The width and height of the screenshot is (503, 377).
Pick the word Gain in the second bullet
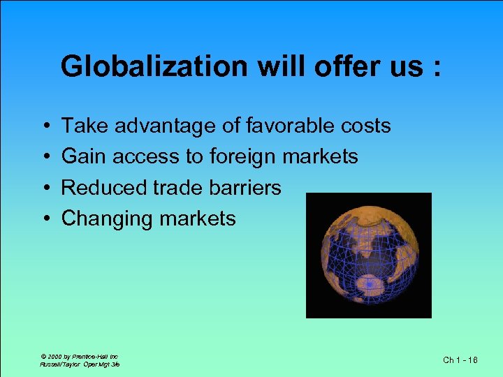(x=83, y=156)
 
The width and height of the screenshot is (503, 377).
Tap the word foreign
(x=242, y=157)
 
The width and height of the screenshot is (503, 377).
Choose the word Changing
(x=107, y=219)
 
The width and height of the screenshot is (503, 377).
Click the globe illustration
(x=368, y=255)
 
